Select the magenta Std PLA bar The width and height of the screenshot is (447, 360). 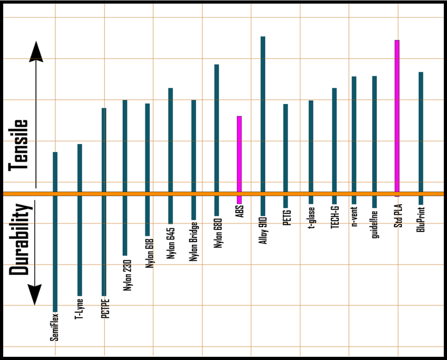(x=397, y=118)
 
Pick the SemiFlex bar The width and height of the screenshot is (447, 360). (x=55, y=230)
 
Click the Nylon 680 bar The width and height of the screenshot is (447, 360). (x=217, y=139)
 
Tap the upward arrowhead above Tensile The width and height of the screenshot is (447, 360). (x=36, y=52)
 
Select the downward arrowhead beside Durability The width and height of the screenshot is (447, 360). (x=35, y=294)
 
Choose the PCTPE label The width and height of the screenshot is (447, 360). (x=105, y=307)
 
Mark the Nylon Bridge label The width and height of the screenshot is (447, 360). (x=194, y=242)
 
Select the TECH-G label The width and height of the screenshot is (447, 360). (x=335, y=217)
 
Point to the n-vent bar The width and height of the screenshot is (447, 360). (x=354, y=139)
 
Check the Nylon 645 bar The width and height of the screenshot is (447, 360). (x=170, y=155)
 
